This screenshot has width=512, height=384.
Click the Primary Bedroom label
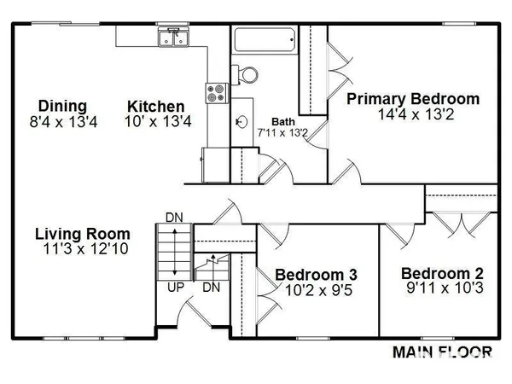[x=412, y=99]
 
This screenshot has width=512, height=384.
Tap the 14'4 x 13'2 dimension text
[x=412, y=114]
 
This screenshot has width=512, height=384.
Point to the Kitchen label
[x=156, y=107]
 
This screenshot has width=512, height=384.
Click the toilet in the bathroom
[x=247, y=73]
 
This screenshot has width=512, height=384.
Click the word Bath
[x=283, y=121]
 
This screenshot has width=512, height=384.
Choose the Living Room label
[x=83, y=234]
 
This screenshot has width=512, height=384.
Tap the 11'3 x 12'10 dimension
[x=83, y=249]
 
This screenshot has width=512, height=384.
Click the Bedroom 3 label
[x=316, y=275]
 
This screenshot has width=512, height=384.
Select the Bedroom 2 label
[x=443, y=273]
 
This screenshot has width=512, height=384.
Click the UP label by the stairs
[x=176, y=287]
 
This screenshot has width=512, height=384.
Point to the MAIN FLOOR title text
[x=441, y=351]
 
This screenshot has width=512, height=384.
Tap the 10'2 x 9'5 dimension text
[x=316, y=290]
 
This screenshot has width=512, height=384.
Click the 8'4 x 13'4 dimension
[x=63, y=122]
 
